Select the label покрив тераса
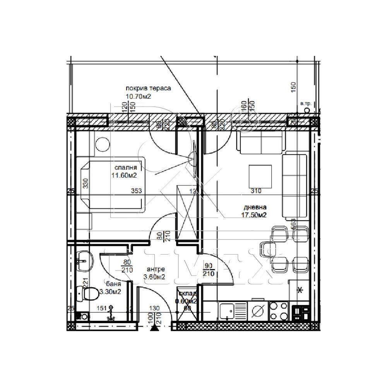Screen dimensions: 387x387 point(148,88)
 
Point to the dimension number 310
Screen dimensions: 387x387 point(256,190)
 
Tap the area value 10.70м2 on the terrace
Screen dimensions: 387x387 point(138,96)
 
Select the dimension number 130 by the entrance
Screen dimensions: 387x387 point(154,308)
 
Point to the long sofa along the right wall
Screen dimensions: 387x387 point(295,186)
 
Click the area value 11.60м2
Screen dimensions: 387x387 point(124,175)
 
